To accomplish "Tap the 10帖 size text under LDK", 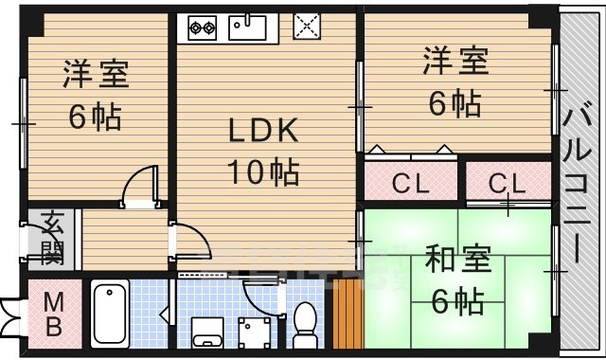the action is click(262, 171).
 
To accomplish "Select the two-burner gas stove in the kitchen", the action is click(202, 28).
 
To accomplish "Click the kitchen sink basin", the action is click(250, 27).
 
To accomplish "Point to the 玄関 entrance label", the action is click(51, 240).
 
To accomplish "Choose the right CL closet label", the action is click(508, 182).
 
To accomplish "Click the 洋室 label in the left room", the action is click(96, 73).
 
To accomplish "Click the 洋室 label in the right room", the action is click(454, 62).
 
